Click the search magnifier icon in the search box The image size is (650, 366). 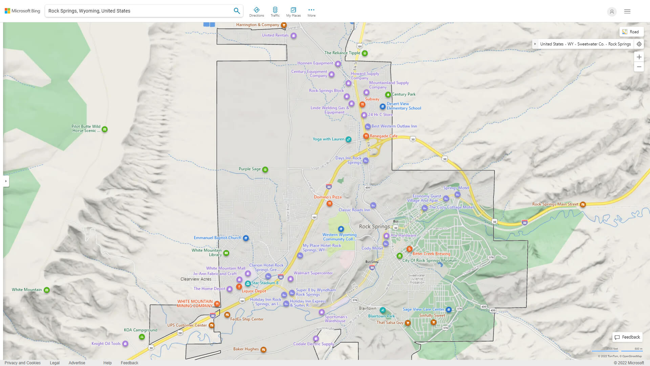237,11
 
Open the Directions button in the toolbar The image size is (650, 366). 257,12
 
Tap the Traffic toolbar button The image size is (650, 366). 275,12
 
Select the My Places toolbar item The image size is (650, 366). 293,12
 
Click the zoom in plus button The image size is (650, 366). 639,57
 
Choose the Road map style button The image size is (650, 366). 631,32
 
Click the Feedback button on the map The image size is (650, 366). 627,337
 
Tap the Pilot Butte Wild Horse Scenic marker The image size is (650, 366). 105,129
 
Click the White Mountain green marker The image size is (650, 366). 47,290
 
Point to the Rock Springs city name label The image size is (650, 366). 374,226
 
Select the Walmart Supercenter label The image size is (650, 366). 313,273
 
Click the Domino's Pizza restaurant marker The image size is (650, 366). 329,204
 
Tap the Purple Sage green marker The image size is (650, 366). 265,169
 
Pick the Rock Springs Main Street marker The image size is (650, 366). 583,204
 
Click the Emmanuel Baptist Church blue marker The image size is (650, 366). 246,238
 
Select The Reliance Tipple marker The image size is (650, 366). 365,53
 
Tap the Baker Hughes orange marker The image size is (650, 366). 263,349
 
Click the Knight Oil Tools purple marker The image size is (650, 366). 125,344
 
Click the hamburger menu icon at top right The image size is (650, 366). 627,12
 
